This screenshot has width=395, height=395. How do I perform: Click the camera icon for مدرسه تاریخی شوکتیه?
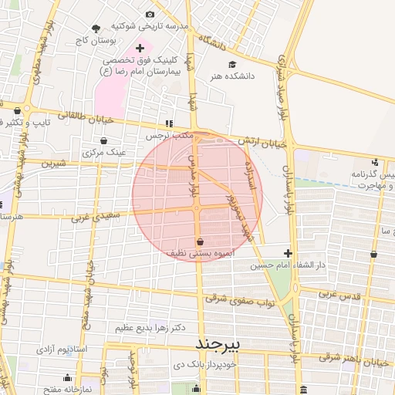pos(150,14)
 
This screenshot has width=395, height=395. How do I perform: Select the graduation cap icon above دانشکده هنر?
pos(232,65)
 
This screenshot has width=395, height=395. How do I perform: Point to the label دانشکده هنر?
pos(231,76)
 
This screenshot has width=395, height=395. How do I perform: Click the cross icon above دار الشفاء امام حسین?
pos(288,253)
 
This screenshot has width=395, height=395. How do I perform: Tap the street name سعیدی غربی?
pos(96,218)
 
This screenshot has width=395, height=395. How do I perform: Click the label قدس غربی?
pos(336,295)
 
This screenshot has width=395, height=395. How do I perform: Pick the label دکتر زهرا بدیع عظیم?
pos(151,328)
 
